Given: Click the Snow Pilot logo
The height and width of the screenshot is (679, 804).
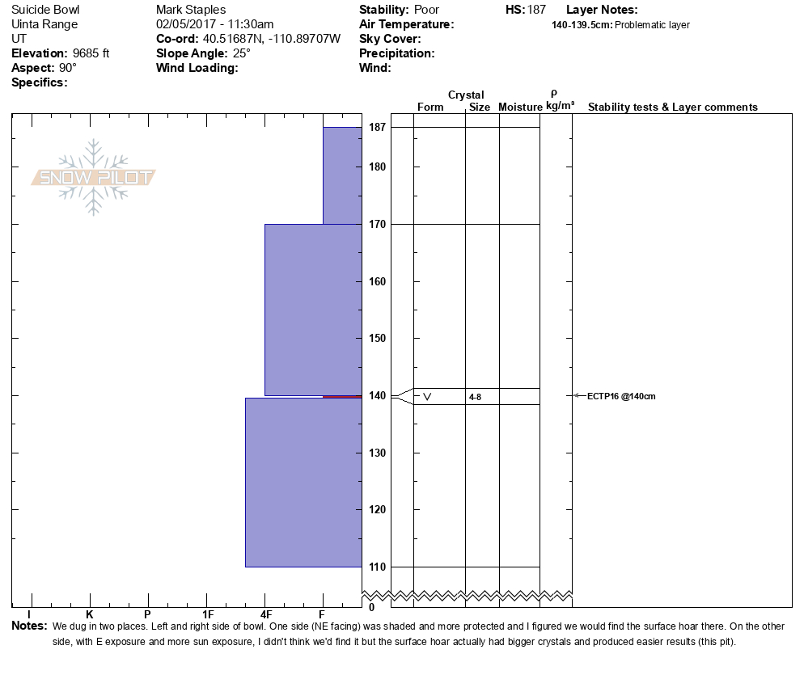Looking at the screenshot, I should pyautogui.click(x=94, y=178).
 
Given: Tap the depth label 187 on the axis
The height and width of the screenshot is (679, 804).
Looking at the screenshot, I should pyautogui.click(x=377, y=128).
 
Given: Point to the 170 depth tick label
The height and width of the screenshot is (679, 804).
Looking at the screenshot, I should pyautogui.click(x=377, y=224).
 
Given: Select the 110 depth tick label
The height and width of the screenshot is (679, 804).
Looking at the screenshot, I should pyautogui.click(x=377, y=567).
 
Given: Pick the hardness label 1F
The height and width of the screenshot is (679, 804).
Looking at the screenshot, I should pyautogui.click(x=207, y=615).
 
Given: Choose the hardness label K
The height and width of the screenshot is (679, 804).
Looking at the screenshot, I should pyautogui.click(x=90, y=615).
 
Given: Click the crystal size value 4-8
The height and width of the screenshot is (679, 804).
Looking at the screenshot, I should pyautogui.click(x=475, y=397).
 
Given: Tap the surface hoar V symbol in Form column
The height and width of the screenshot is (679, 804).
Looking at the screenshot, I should pyautogui.click(x=427, y=396).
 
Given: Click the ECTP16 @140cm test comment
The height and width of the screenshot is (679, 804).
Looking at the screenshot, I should pyautogui.click(x=620, y=396).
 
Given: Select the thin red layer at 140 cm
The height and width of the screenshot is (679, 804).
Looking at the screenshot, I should pyautogui.click(x=342, y=396).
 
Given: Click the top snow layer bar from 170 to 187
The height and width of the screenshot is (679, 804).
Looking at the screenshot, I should pyautogui.click(x=342, y=175).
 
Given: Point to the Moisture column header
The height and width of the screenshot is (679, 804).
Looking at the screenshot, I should pyautogui.click(x=520, y=108).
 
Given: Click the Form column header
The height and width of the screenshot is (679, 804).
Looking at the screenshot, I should pyautogui.click(x=430, y=108).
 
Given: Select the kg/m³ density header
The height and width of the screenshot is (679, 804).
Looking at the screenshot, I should pyautogui.click(x=560, y=106).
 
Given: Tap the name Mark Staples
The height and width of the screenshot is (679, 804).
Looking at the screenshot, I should pyautogui.click(x=191, y=10).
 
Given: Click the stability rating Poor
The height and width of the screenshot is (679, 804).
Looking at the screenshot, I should pyautogui.click(x=426, y=10).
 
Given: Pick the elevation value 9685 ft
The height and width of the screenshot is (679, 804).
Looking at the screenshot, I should pyautogui.click(x=91, y=53).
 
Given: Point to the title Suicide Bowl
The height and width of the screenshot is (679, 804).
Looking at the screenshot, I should pyautogui.click(x=44, y=10).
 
